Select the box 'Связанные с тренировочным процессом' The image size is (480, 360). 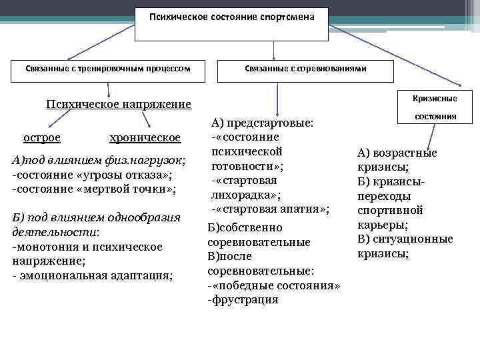(109, 69)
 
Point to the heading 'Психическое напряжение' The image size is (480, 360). (118, 104)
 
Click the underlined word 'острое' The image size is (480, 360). (42, 137)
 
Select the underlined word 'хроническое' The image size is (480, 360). (145, 137)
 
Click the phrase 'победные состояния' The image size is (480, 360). (276, 285)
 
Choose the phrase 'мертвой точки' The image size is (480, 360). (137, 189)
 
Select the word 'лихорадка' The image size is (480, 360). (244, 195)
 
